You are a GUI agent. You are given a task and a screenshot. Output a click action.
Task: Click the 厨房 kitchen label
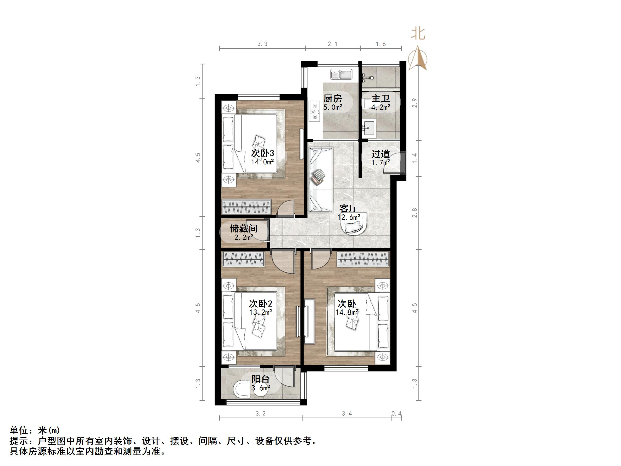[333, 99]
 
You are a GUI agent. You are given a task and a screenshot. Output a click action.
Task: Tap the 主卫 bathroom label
[381, 99]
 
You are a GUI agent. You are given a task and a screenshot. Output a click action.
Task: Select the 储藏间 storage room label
[244, 228]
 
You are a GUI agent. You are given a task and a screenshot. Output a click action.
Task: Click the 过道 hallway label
[381, 154]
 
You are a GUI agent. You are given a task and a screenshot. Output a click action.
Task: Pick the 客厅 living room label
[348, 208]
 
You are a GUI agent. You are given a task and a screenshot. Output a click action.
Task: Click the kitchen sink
[341, 75]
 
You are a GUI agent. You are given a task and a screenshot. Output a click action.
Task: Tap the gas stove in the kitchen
[315, 111]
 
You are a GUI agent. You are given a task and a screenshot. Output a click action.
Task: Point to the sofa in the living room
[321, 180]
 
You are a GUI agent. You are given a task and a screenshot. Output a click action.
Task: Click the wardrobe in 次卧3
[247, 207]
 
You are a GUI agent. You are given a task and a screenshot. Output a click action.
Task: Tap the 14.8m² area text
[347, 312]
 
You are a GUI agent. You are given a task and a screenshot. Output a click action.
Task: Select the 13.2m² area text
[261, 312]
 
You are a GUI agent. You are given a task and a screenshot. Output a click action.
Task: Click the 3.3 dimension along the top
[262, 44]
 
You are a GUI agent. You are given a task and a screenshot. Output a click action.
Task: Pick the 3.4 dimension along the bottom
[347, 413]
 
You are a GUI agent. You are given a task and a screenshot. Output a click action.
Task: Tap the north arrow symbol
[418, 58]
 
